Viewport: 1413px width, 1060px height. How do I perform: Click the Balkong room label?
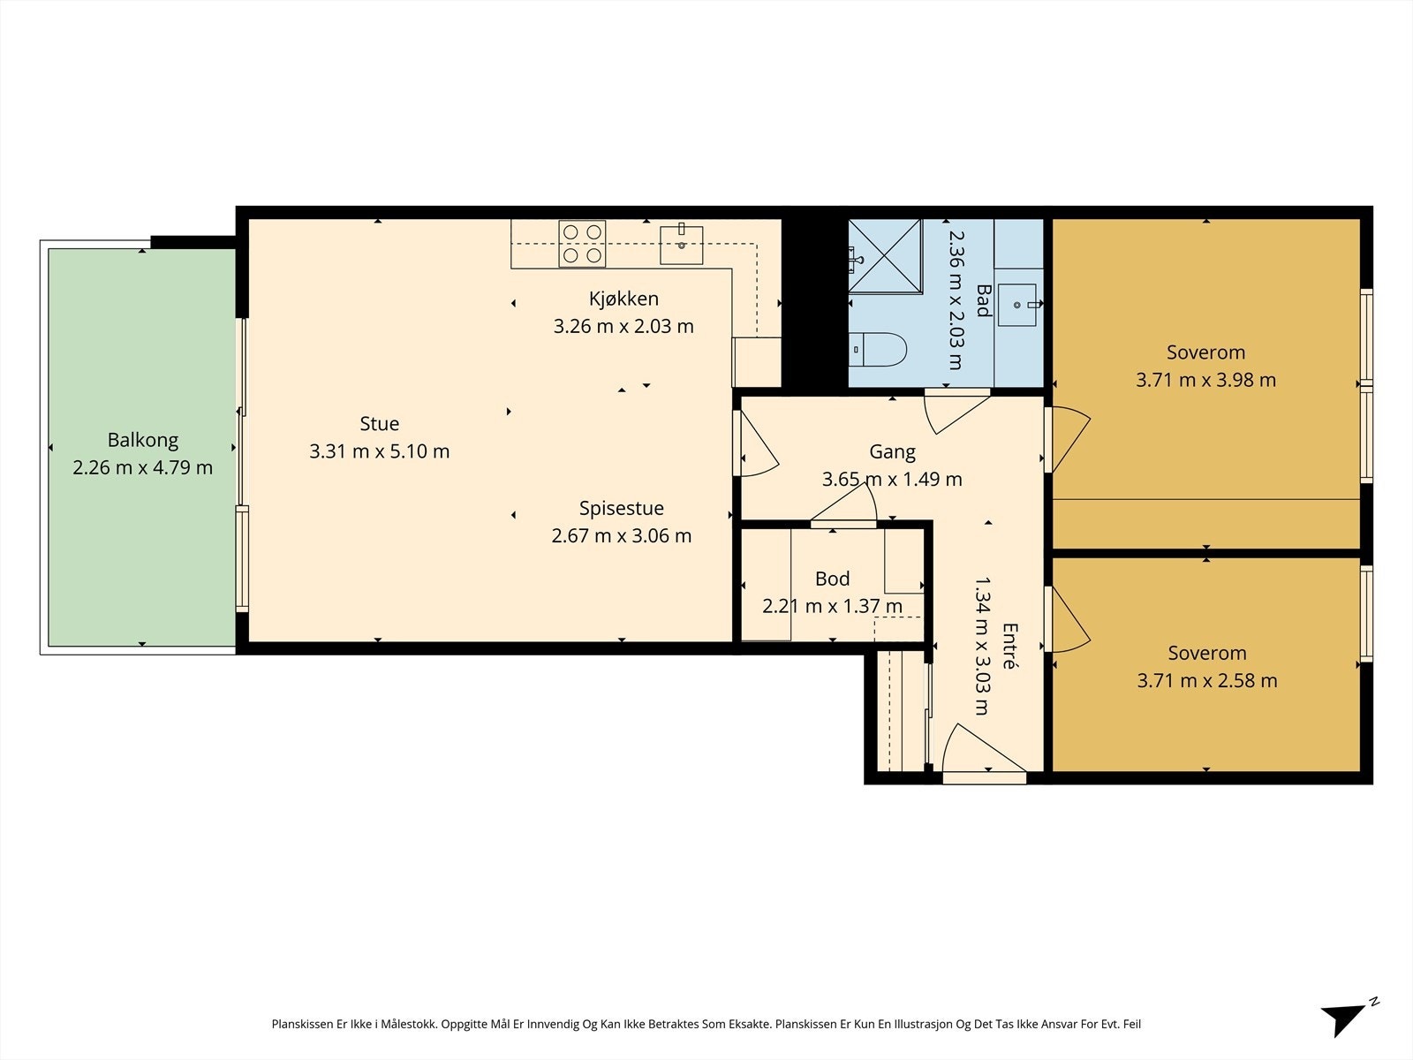click(143, 440)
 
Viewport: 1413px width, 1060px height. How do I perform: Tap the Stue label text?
click(379, 423)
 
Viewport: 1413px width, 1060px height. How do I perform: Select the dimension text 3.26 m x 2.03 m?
click(623, 326)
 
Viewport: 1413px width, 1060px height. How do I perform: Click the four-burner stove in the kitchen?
click(582, 243)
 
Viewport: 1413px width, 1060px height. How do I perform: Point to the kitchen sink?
click(681, 245)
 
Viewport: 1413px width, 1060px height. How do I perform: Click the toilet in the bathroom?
click(878, 350)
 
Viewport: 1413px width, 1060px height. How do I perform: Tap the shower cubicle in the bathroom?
click(885, 256)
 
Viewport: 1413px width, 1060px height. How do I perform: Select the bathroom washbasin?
click(1017, 305)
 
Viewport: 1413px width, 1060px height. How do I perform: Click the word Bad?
click(983, 300)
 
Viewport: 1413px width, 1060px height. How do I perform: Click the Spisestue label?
click(621, 509)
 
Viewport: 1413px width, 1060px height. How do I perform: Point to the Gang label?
click(892, 452)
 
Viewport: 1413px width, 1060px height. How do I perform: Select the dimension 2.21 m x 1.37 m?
click(832, 606)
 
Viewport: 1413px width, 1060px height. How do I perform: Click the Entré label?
click(1010, 646)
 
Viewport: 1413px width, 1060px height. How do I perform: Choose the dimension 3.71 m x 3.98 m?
click(1205, 380)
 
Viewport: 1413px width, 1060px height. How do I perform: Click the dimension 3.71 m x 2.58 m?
click(1207, 680)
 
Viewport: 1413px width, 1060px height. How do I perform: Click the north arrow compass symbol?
click(1349, 1018)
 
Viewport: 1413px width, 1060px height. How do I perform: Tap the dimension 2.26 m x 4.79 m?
click(142, 467)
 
